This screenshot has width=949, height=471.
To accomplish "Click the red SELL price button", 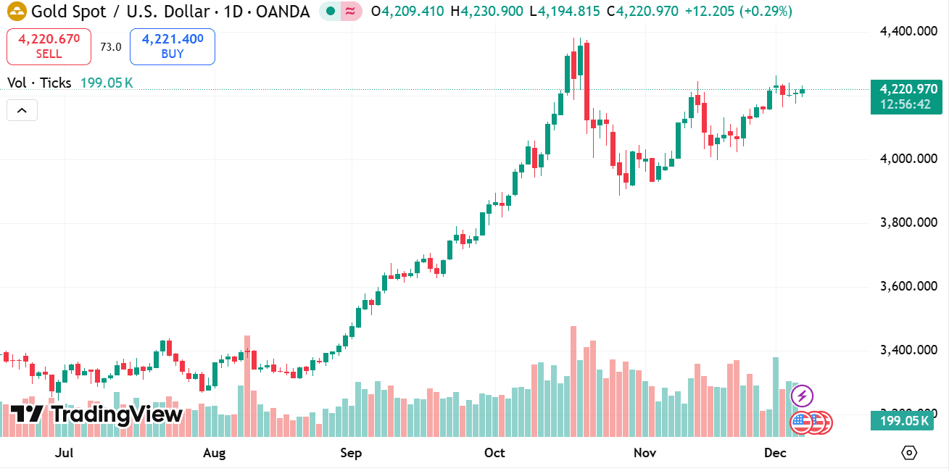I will pyautogui.click(x=49, y=46).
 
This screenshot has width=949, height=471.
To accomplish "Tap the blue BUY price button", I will pyautogui.click(x=173, y=46).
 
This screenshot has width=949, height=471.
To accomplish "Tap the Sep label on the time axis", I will pyautogui.click(x=351, y=454).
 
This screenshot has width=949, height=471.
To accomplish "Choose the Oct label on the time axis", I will pyautogui.click(x=494, y=454).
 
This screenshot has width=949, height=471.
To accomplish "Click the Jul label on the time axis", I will pyautogui.click(x=65, y=454).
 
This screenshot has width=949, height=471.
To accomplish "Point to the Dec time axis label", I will pyautogui.click(x=775, y=454).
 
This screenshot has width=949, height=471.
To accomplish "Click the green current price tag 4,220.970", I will pyautogui.click(x=906, y=89).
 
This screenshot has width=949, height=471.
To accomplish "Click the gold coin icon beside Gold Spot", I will pyautogui.click(x=17, y=12).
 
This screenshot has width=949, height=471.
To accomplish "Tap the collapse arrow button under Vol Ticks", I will pyautogui.click(x=22, y=110).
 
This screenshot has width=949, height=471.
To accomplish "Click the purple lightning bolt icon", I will pyautogui.click(x=802, y=396).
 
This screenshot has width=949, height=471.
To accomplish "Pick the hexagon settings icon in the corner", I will pyautogui.click(x=909, y=453).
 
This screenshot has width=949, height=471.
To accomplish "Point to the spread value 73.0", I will pyautogui.click(x=111, y=46).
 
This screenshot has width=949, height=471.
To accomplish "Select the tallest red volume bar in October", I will pyautogui.click(x=573, y=381).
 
